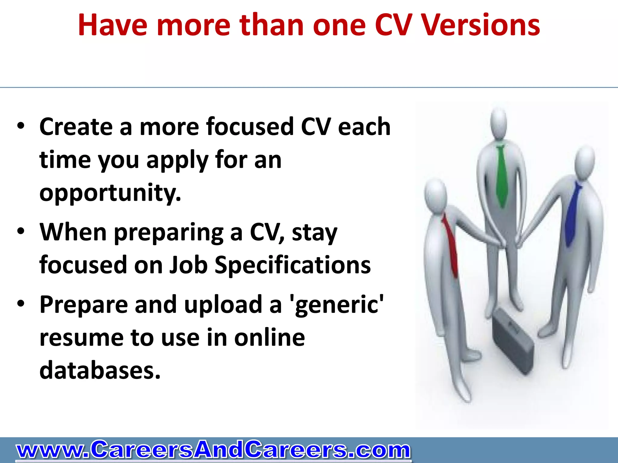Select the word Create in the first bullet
76,127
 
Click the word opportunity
110,193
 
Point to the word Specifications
292,265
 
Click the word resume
81,338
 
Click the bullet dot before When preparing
21,231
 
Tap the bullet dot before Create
21,126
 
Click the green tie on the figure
501,175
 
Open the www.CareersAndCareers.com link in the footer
213,450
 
